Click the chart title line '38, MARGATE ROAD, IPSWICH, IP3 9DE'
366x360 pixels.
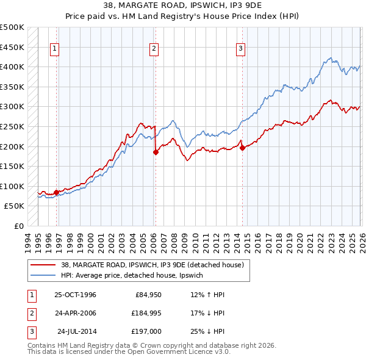click(183, 6)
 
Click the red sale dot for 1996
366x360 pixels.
click(57, 192)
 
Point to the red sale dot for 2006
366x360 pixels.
click(156, 153)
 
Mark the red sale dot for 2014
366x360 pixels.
click(242, 148)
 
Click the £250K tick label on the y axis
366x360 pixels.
click(12, 126)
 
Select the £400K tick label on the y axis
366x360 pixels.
click(12, 67)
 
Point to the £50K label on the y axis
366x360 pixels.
click(15, 206)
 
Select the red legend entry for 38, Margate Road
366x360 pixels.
click(152, 265)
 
